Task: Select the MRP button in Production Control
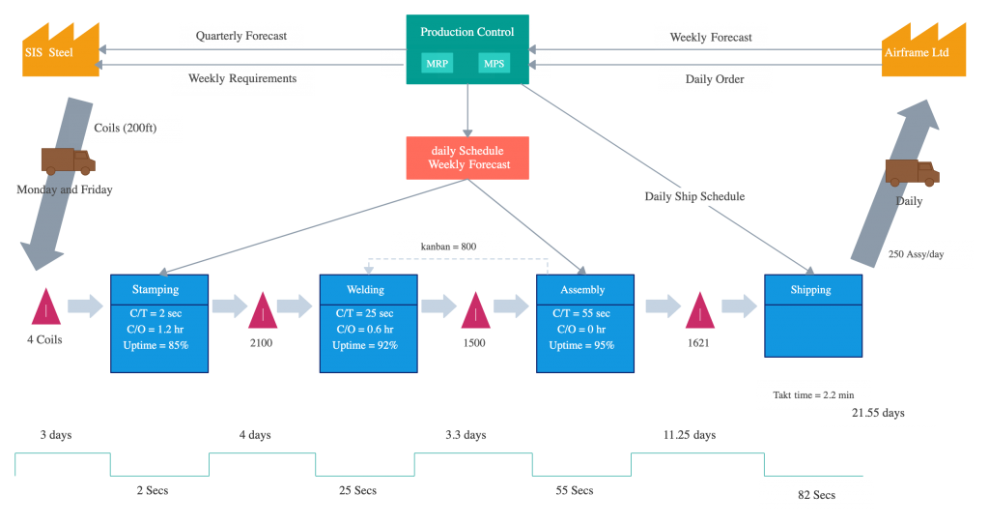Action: tap(437, 64)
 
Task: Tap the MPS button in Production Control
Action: tap(494, 64)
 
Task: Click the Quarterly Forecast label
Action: tap(241, 36)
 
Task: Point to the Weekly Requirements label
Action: tap(242, 78)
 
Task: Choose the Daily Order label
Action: tap(715, 79)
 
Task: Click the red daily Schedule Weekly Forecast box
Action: tap(468, 158)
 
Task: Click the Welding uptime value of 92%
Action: tap(365, 345)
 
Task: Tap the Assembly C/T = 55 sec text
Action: tap(583, 313)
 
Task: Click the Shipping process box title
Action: tap(811, 289)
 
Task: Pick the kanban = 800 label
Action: tap(448, 247)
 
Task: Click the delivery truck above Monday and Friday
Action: tap(68, 161)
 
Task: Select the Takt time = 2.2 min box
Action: tap(812, 394)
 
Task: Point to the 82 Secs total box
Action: tap(816, 495)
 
